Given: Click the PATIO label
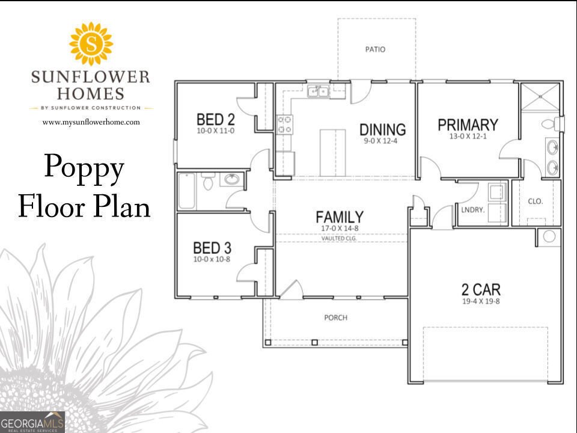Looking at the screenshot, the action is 375,49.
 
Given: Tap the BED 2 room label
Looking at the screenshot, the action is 216,120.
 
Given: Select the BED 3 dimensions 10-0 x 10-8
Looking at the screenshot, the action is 212,259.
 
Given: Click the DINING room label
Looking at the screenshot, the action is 383,130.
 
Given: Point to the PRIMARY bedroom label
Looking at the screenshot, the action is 468,125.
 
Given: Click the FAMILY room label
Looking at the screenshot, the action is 340,217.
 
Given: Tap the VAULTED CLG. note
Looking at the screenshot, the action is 339,238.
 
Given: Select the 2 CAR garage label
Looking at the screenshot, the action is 481,289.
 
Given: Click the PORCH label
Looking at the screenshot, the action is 335,318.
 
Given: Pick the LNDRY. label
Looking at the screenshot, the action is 473,210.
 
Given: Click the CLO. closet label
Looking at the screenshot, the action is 536,201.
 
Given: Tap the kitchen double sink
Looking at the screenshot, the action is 319,91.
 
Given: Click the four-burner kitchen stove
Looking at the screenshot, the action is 284,124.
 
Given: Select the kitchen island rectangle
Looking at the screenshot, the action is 332,153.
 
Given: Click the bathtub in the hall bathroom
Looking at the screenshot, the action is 187,191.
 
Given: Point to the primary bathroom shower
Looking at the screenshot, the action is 540,97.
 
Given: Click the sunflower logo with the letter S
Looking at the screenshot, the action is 91,44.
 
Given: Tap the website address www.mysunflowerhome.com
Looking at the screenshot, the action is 91,122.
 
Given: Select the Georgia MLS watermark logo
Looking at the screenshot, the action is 32,422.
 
